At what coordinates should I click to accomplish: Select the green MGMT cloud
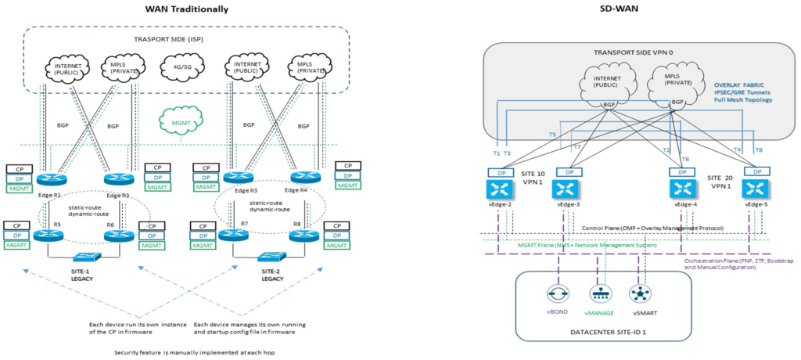pos(179,121)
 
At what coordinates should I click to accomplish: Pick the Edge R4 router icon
pos(304,179)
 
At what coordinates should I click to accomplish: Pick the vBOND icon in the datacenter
pos(559,295)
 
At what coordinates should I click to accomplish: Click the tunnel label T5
pos(552,135)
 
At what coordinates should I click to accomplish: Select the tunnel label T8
pos(758,149)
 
